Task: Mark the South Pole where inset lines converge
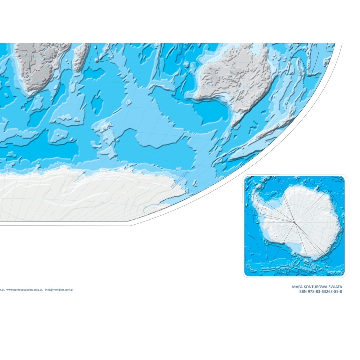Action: click(x=296, y=222)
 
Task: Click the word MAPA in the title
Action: click(x=299, y=287)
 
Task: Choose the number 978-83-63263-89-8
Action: click(x=325, y=292)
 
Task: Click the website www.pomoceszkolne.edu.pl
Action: click(x=24, y=289)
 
